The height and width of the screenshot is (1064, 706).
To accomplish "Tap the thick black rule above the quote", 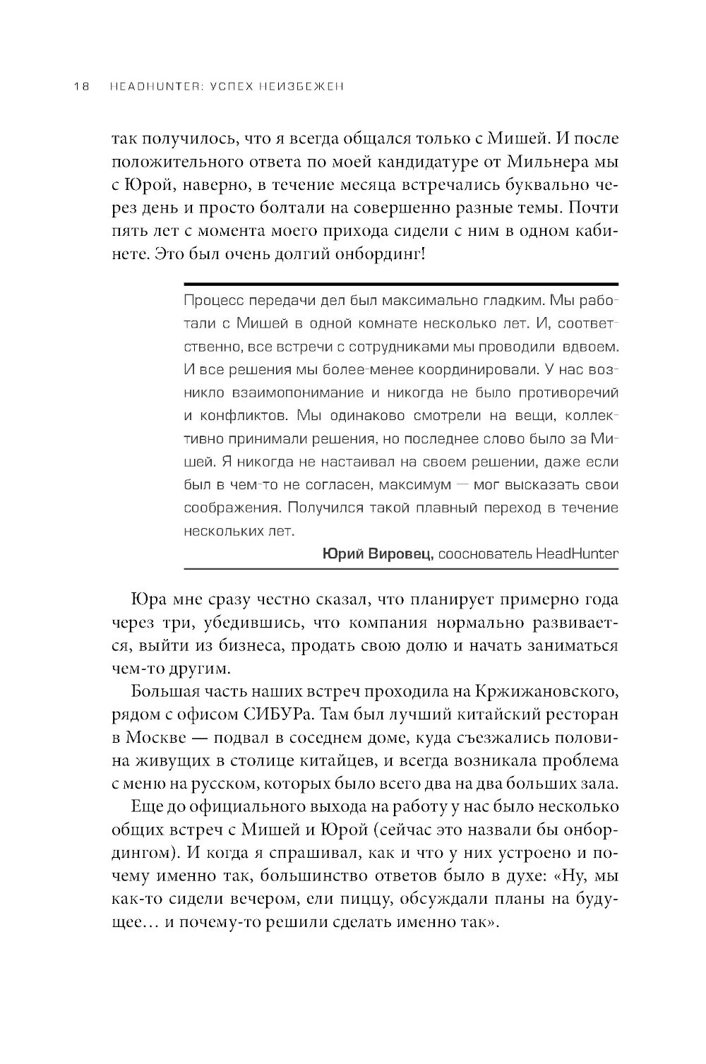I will [400, 283].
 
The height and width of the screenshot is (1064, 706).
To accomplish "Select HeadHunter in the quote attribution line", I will [576, 554].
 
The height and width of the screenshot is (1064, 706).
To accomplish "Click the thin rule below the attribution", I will [400, 568].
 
